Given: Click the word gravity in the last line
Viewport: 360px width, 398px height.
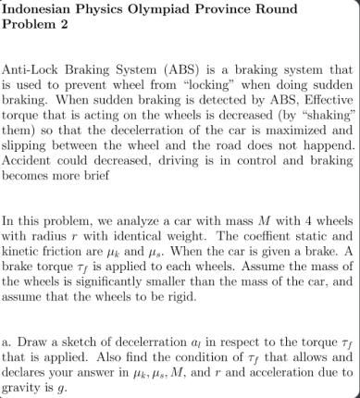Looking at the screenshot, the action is (27, 387).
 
